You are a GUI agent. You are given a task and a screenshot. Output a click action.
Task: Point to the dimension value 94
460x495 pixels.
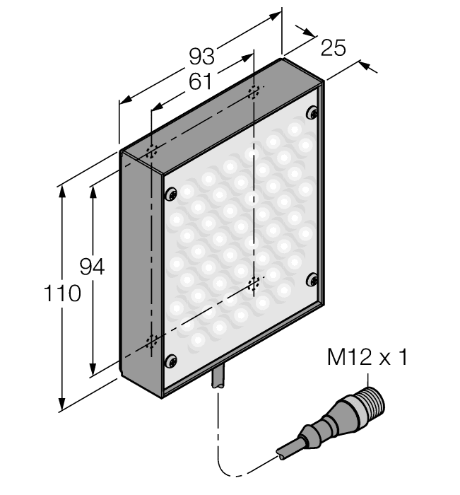coord(92,267)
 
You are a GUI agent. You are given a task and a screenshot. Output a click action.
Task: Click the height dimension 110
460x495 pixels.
coord(63,293)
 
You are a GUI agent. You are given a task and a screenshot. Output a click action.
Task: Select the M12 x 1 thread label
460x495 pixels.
coord(367,358)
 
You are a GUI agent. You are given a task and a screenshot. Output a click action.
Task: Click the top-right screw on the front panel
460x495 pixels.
coord(312,112)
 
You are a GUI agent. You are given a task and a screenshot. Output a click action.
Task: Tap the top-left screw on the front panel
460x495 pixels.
coord(170,194)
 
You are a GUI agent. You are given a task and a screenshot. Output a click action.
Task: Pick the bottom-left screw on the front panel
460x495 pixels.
coord(170,361)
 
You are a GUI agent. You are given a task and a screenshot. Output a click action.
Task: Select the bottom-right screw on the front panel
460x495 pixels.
coord(312,280)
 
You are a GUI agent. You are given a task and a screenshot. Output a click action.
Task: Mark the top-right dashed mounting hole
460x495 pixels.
coord(254,92)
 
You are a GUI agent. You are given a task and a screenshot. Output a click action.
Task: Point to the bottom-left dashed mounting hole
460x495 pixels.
coord(151,342)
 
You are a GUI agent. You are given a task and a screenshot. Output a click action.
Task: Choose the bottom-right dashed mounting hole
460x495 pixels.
coord(254,284)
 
